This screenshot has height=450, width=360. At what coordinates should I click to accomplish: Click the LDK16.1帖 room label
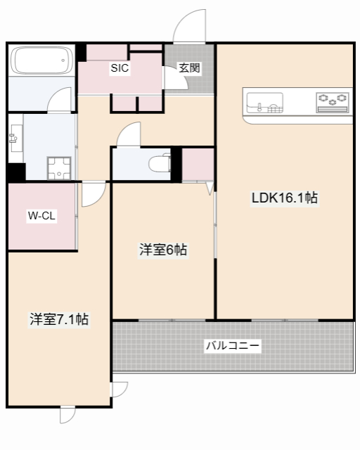click(285, 198)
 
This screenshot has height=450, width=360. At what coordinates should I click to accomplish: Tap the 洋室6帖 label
click(163, 250)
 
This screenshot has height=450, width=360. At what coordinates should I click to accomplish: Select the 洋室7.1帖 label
click(59, 319)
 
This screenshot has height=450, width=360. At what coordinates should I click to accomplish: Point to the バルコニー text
click(233, 346)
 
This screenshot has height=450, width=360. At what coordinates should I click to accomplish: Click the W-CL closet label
click(41, 216)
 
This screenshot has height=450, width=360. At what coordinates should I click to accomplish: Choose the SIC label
click(119, 69)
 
